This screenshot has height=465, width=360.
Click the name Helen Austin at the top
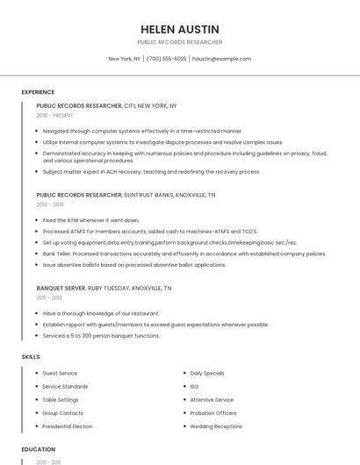(179, 26)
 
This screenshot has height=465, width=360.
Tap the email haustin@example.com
(221, 59)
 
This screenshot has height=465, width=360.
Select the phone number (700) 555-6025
(167, 59)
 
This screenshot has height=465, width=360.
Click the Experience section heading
(38, 92)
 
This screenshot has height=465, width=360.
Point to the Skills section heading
(31, 357)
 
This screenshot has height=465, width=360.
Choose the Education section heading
(38, 449)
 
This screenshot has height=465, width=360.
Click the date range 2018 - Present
(56, 115)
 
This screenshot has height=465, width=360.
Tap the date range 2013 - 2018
(50, 204)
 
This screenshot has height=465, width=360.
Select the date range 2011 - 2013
(49, 297)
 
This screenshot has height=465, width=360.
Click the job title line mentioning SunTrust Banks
(126, 195)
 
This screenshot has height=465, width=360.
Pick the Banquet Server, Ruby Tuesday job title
(104, 288)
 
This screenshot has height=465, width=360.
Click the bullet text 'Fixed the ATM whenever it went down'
(90, 220)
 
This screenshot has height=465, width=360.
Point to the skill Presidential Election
(68, 426)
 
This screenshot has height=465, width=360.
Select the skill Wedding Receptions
(216, 426)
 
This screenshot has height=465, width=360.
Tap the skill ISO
(194, 386)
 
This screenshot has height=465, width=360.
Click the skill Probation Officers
(214, 413)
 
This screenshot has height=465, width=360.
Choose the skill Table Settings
(60, 400)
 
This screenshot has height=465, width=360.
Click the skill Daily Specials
(207, 373)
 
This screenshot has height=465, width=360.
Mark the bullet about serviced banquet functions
(101, 335)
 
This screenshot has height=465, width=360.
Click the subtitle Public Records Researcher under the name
(179, 42)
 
